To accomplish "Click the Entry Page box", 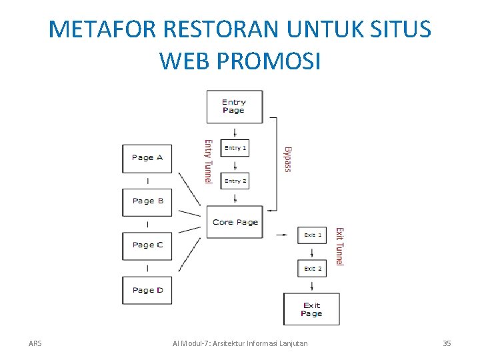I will point(234,107).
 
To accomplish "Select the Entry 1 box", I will point(234,148).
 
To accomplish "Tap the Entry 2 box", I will point(234,181).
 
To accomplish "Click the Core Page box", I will point(235,222).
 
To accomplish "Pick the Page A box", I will point(147,158).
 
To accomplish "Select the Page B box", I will point(147,201).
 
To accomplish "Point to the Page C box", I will point(147,245).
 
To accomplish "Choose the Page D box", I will point(147,290).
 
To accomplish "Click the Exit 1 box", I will point(312,235).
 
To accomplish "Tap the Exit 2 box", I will point(312,269).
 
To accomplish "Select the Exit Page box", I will point(311,309).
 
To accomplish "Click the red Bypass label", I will point(288,159).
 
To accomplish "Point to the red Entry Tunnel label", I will point(208,161).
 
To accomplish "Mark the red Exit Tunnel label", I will point(339,247).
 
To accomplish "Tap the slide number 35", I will point(447,343).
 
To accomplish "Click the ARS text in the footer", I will point(35,343).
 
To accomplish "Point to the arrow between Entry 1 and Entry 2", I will point(234,165).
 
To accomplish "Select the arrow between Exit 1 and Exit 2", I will point(312,252).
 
